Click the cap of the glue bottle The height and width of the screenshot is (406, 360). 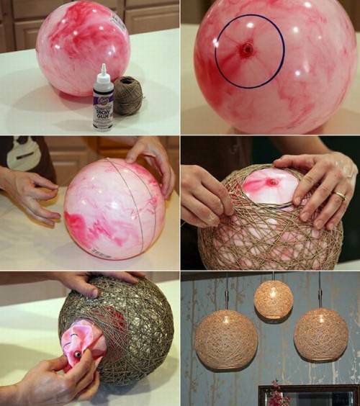(x=103, y=70)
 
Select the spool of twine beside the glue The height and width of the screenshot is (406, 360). (x=128, y=95)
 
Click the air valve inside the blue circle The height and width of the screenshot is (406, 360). (x=247, y=50)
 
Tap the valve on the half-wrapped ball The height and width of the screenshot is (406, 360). (x=272, y=182)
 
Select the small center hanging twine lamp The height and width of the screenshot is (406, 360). (x=274, y=299)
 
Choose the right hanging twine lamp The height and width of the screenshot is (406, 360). (x=320, y=335)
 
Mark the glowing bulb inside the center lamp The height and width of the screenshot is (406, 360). (x=273, y=294)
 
